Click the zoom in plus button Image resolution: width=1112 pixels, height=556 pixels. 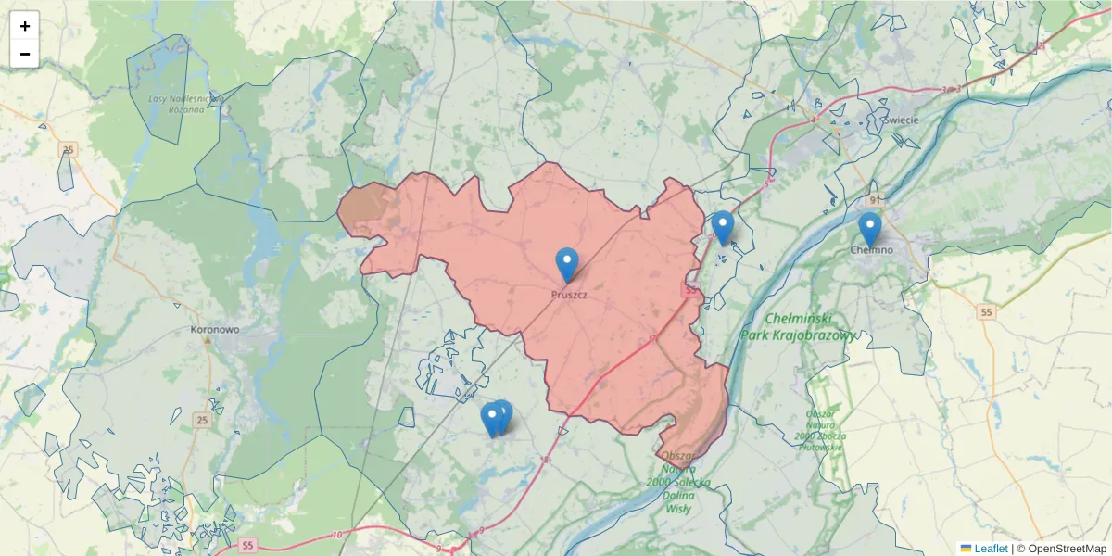25,26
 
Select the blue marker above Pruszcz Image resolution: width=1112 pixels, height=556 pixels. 566,265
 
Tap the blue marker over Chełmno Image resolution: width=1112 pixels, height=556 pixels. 869,229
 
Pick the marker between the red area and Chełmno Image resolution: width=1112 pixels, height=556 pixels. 723,228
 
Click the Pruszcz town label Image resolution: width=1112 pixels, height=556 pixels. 568,294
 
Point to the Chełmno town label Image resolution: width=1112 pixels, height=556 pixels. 871,250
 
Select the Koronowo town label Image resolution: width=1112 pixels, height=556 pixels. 215,329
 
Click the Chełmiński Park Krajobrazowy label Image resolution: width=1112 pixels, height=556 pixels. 799,327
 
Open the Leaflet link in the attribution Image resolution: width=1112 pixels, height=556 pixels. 991,549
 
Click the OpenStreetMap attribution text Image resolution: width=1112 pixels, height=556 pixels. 1061,549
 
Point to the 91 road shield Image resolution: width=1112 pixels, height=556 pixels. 874,200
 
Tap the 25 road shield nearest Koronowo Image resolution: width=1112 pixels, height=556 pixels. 202,421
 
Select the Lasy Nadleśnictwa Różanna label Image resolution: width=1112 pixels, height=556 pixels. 181,102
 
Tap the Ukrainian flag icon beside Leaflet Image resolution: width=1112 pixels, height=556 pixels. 966,549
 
